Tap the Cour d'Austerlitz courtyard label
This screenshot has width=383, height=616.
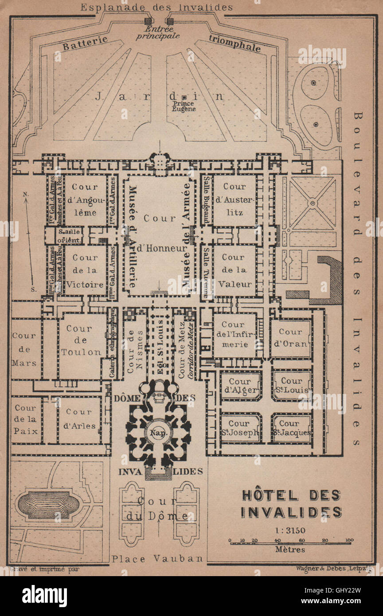[x=234, y=199]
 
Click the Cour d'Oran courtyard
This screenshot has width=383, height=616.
[x=291, y=338]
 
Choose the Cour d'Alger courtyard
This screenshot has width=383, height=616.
[x=240, y=386]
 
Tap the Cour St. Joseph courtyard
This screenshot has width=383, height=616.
[x=240, y=428]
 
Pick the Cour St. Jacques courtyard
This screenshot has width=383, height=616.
[x=292, y=428]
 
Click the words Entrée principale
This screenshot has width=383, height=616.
[x=158, y=32]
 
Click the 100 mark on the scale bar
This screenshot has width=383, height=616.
[x=348, y=540]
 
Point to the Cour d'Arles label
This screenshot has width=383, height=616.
[x=79, y=419]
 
